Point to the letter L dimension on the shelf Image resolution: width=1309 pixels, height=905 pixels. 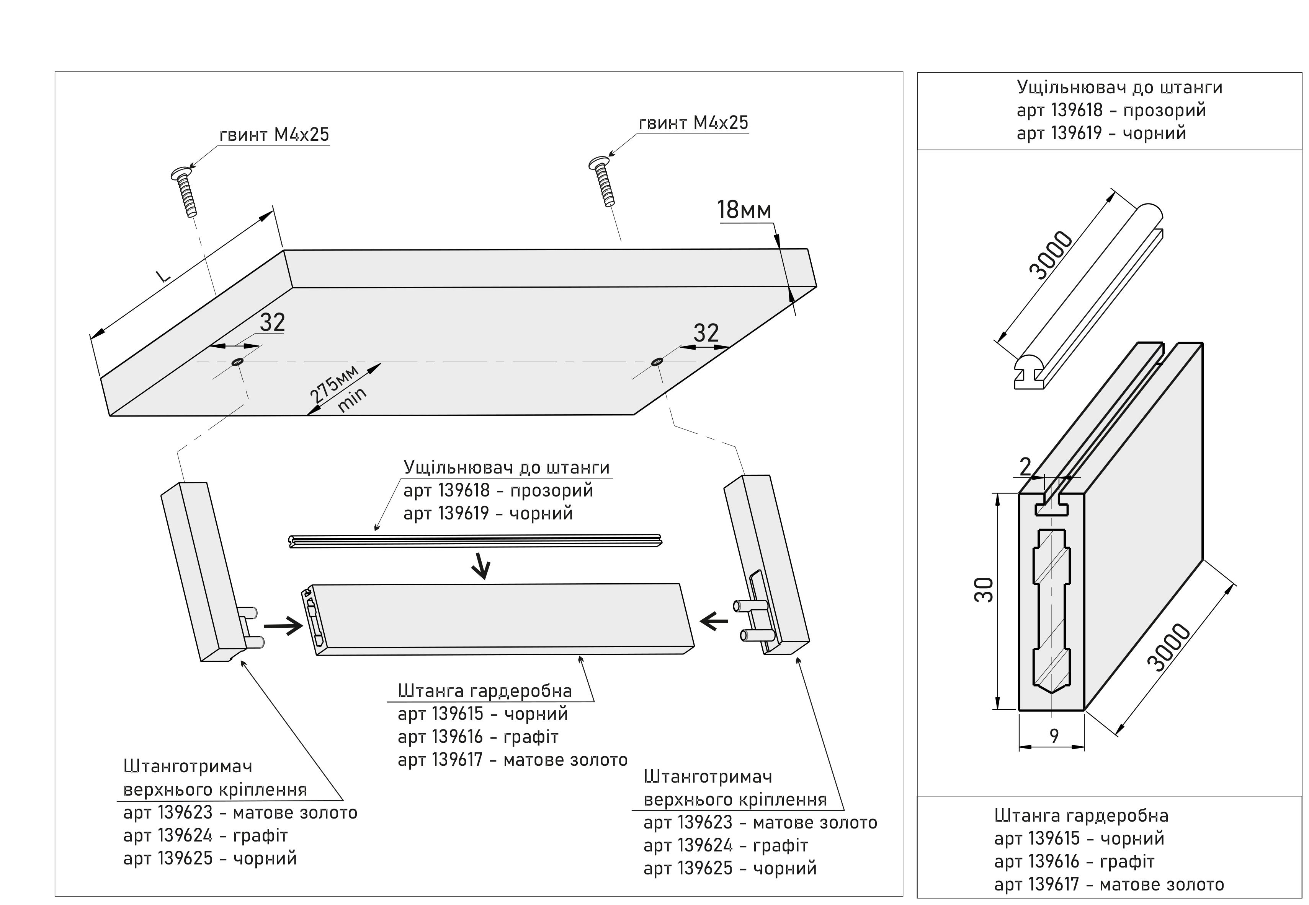click(x=164, y=276)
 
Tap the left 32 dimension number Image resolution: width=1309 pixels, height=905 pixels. click(x=272, y=323)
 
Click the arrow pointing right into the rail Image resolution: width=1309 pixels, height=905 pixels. click(x=283, y=626)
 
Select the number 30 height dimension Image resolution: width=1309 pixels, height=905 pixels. click(x=984, y=590)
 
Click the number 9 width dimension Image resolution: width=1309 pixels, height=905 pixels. click(x=1054, y=736)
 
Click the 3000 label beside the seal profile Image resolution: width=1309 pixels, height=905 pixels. click(x=1051, y=255)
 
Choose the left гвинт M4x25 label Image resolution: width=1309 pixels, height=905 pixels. click(x=274, y=135)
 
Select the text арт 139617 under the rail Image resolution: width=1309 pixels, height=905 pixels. click(x=440, y=760)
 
